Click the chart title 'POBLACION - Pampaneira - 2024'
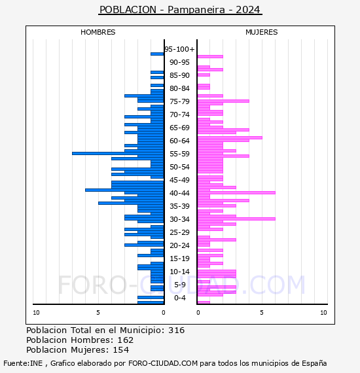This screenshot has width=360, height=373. pyautogui.click(x=180, y=10)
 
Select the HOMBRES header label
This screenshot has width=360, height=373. pyautogui.click(x=98, y=32)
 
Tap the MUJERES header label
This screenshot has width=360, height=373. pyautogui.click(x=262, y=32)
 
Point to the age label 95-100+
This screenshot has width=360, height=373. pyautogui.click(x=179, y=49)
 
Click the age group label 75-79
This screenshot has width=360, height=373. pyautogui.click(x=179, y=101)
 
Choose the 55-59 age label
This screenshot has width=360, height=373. pyautogui.click(x=179, y=154)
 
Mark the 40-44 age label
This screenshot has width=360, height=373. pyautogui.click(x=179, y=193)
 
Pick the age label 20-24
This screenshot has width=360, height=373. pyautogui.click(x=179, y=245)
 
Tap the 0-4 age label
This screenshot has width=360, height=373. pyautogui.click(x=180, y=298)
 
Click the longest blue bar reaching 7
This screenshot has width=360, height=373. pyautogui.click(x=118, y=153)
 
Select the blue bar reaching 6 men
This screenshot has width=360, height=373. pyautogui.click(x=124, y=190)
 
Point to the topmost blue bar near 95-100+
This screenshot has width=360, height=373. pyautogui.click(x=157, y=54)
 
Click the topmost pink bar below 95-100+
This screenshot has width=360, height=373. pyautogui.click(x=210, y=57)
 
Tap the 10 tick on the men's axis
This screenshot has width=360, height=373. pyautogui.click(x=36, y=313)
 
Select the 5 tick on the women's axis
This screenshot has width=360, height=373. pyautogui.click(x=262, y=313)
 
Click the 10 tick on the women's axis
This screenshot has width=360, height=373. pyautogui.click(x=323, y=313)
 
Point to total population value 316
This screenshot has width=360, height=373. pyautogui.click(x=176, y=330)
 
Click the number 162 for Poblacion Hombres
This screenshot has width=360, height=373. pyautogui.click(x=126, y=340)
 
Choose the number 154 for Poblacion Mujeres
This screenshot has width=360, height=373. pyautogui.click(x=121, y=350)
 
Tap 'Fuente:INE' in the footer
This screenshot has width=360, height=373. pyautogui.click(x=23, y=363)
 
